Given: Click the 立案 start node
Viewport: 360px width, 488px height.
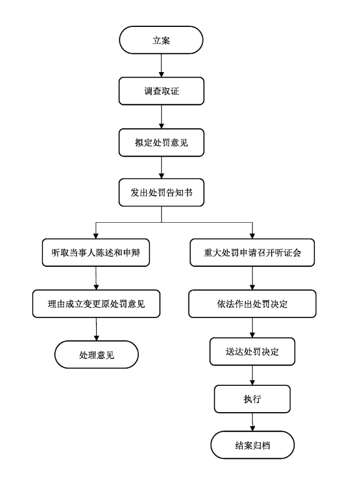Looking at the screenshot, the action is [x=161, y=40].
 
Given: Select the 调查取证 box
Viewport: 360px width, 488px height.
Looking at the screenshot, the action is [x=161, y=91].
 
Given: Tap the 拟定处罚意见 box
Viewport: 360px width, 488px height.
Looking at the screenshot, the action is [x=161, y=143].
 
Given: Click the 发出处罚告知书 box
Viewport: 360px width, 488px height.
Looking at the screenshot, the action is [x=161, y=193].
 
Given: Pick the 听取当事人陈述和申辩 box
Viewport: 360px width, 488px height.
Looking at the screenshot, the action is [x=96, y=253].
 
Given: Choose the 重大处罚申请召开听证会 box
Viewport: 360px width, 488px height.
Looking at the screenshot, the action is [x=252, y=253].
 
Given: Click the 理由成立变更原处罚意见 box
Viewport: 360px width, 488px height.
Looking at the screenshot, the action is [x=96, y=304].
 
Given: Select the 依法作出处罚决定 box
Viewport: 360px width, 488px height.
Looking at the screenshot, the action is [x=252, y=304].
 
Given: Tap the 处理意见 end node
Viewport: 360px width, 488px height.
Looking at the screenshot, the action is [x=96, y=355].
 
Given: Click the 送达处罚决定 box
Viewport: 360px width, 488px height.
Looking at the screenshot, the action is [x=252, y=352].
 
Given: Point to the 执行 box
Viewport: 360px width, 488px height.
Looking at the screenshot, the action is [x=252, y=399].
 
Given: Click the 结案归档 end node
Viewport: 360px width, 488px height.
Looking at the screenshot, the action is [x=252, y=445].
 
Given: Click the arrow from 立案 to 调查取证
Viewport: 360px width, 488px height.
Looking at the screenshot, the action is [x=161, y=66].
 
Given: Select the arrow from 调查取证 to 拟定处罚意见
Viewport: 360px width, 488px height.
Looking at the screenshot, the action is [x=161, y=117].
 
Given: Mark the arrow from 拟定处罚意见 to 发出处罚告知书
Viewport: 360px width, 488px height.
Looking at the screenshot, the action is [x=161, y=168].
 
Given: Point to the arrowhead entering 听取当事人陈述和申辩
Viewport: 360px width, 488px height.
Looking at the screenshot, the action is [x=96, y=236].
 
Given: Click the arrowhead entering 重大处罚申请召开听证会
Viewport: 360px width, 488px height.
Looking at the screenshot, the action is [x=252, y=236].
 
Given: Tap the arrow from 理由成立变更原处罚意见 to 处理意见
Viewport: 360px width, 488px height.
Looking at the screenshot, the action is [x=96, y=329].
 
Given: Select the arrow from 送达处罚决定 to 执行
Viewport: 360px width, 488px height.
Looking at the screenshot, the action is [x=252, y=376].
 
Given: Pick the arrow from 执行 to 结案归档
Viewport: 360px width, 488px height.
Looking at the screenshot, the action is [x=252, y=422].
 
